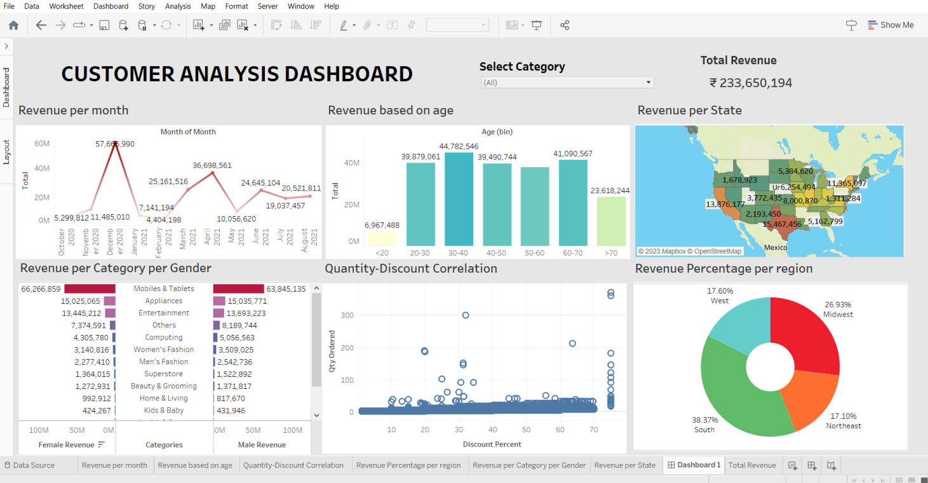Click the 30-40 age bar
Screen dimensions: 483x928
459,200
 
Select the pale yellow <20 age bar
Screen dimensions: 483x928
382,238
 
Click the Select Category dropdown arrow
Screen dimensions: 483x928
648,83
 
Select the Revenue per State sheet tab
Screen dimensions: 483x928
624,465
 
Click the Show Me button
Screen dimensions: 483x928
891,25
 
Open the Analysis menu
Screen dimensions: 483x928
178,6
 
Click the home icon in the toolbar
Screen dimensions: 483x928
13,25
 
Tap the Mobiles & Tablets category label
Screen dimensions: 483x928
164,289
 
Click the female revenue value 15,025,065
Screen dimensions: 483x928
81,301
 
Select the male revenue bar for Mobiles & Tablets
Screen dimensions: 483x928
239,289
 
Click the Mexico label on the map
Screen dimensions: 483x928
776,247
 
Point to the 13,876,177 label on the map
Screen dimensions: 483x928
725,204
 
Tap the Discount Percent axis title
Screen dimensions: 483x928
492,444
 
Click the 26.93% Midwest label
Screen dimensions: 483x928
838,310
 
